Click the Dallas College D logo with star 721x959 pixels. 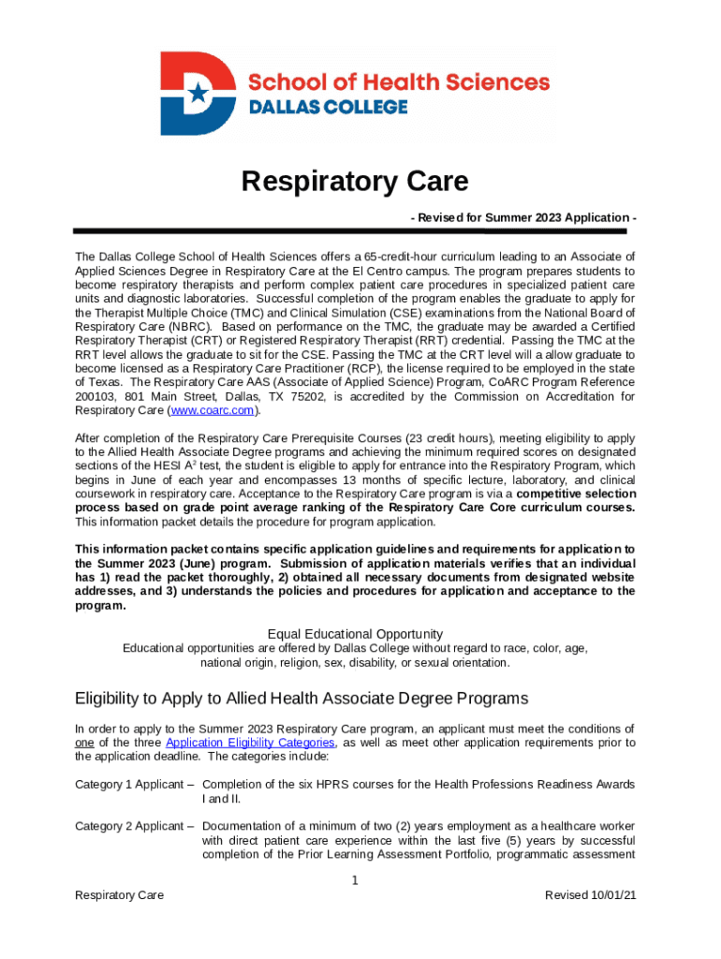[x=198, y=94]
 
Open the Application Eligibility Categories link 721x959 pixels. [x=250, y=743]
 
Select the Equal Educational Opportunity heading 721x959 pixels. [x=355, y=633]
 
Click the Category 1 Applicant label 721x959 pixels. [x=134, y=784]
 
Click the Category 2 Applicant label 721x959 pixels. [x=134, y=826]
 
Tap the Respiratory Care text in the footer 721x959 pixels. [x=119, y=895]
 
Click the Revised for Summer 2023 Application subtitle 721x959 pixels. [x=523, y=217]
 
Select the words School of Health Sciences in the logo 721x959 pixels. [x=398, y=82]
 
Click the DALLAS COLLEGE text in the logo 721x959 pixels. [x=327, y=107]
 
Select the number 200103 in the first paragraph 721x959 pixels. [x=95, y=396]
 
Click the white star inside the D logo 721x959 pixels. [x=197, y=92]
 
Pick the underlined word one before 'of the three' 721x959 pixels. [x=84, y=743]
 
